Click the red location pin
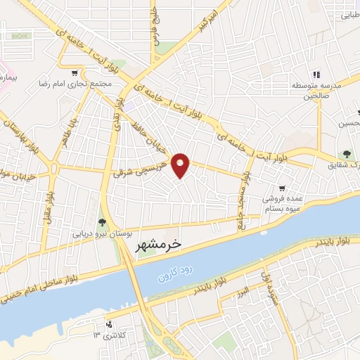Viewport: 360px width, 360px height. (181, 165)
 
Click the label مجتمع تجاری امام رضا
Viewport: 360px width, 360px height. (75, 83)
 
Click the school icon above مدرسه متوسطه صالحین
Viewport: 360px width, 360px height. (316, 75)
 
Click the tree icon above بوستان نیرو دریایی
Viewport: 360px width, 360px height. (103, 222)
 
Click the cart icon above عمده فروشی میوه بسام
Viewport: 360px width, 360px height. (282, 188)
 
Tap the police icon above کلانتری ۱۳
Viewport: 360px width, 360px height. (108, 325)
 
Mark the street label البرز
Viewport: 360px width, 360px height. (242, 290)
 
